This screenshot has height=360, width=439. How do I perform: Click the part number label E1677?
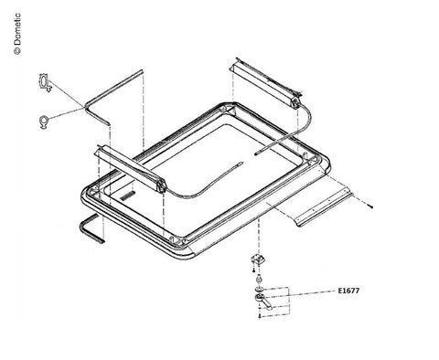348,291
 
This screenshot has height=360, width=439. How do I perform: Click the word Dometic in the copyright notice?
17,28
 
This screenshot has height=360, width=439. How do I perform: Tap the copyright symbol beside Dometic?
17,51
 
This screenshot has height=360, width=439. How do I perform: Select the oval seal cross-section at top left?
45,82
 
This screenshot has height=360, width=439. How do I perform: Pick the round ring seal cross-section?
44,122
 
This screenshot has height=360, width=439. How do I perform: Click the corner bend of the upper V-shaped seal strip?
85,107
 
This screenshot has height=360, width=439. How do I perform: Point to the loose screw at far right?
370,206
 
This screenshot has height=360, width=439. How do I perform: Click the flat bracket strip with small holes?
325,209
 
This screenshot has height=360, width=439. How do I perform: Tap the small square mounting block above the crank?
258,259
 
